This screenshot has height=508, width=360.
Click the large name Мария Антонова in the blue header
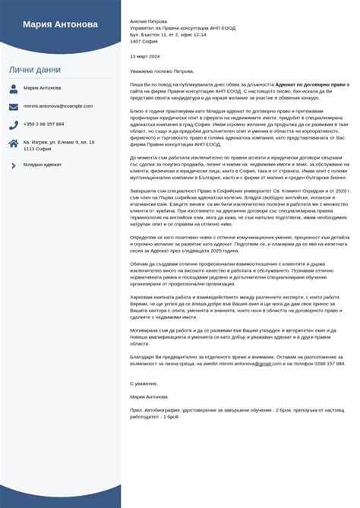click(60, 24)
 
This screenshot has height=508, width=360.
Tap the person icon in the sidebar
click(14, 88)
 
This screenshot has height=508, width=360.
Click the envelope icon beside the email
click(14, 106)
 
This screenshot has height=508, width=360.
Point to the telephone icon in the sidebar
click(14, 124)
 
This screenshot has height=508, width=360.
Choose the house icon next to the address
click(14, 144)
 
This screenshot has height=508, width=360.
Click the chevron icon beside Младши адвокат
click(14, 165)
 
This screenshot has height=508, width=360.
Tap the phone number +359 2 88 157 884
click(44, 124)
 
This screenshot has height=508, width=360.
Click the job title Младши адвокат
click(43, 165)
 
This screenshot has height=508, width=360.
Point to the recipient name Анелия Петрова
click(149, 22)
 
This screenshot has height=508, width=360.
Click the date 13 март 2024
click(145, 56)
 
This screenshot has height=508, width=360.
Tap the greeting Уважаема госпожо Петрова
click(163, 71)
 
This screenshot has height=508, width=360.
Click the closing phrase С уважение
click(144, 383)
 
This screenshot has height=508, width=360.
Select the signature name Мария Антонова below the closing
click(149, 396)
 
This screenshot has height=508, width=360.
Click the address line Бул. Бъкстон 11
click(168, 35)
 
